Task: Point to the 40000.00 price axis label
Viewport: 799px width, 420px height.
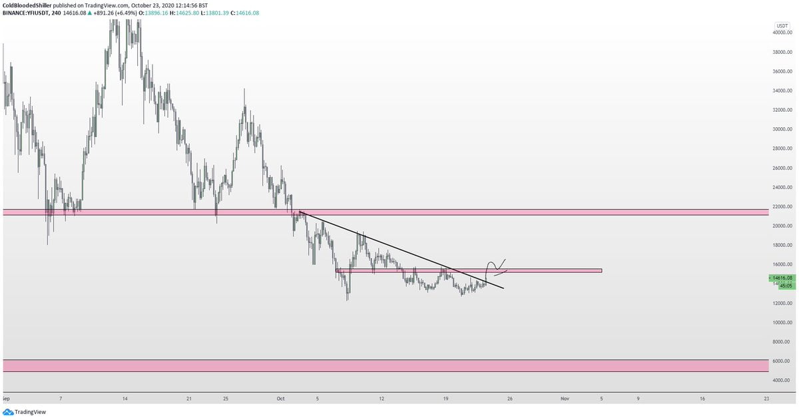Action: click(x=782, y=32)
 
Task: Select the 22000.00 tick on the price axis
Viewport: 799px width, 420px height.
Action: click(x=782, y=206)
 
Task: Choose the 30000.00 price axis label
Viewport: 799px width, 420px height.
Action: click(x=782, y=129)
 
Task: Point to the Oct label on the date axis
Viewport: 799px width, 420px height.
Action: click(x=280, y=399)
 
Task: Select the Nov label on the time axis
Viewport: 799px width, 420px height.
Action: click(x=565, y=399)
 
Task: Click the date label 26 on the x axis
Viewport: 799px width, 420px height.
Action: click(x=509, y=399)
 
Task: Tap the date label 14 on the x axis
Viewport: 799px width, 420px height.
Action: click(x=125, y=399)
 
